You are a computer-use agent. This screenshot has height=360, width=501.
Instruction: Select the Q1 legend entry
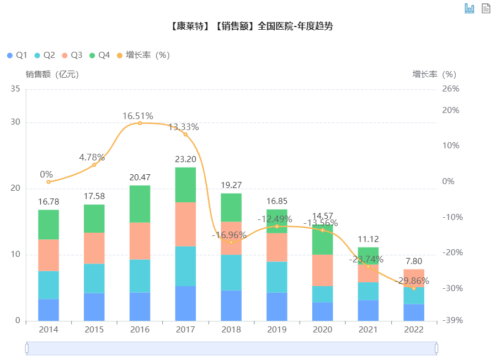tap(17, 55)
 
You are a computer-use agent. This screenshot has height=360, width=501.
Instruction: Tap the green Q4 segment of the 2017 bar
tap(186, 185)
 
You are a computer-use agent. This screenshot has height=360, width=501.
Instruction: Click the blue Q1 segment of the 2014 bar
tap(49, 310)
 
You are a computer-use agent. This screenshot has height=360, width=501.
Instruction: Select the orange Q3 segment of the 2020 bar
tap(323, 270)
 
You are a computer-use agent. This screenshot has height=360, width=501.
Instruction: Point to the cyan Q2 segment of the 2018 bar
tap(231, 272)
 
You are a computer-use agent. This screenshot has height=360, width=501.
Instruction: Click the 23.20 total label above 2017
tap(186, 159)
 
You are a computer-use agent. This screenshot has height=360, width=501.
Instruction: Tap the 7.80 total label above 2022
tap(414, 261)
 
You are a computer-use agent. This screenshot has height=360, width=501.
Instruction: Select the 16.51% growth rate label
tap(138, 116)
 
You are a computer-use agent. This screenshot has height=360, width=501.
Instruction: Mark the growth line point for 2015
tap(94, 165)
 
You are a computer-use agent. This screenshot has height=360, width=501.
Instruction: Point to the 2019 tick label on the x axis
tap(277, 330)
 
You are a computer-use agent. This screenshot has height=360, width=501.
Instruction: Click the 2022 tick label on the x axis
tap(414, 330)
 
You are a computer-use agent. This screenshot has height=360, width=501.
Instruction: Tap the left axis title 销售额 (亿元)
tap(52, 74)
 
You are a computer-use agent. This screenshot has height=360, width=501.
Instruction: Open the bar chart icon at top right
tap(470, 8)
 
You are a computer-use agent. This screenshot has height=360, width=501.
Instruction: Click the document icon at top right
tap(486, 8)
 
